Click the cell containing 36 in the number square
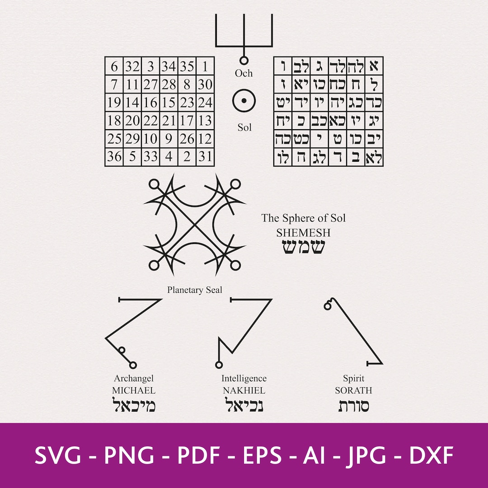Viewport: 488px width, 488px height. (114, 157)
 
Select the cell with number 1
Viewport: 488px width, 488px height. (205, 67)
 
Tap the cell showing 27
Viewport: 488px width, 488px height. (150, 85)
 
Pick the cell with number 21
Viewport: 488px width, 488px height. (169, 121)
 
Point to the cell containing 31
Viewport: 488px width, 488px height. (205, 157)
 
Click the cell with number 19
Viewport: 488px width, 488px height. (114, 103)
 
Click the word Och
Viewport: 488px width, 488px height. (244, 73)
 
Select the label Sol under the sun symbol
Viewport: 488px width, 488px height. (244, 127)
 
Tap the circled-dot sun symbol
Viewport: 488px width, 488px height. (244, 101)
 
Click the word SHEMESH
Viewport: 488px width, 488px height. (303, 233)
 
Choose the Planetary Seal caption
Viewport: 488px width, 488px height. (195, 290)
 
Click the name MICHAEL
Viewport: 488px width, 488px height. (134, 390)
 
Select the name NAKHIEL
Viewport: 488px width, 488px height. (244, 390)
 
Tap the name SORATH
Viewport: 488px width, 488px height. (353, 390)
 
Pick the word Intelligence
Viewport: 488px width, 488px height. (244, 379)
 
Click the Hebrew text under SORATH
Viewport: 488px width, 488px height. (353, 406)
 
